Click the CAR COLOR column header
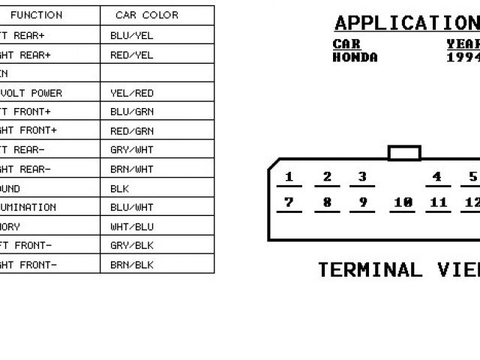click(147, 15)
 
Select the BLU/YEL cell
click(131, 35)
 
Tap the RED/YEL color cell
click(131, 55)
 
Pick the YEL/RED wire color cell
click(131, 93)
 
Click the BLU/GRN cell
click(131, 112)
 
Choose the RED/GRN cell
click(131, 130)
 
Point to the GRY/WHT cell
click(131, 150)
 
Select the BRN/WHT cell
click(131, 169)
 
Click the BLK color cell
click(120, 188)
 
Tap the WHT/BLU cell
click(131, 226)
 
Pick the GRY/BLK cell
click(131, 245)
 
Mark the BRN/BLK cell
click(131, 265)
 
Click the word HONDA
click(355, 58)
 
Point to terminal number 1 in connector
click(289, 178)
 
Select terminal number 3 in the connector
click(362, 178)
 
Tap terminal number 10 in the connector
click(403, 202)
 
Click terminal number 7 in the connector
click(289, 202)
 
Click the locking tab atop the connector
click(404, 153)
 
